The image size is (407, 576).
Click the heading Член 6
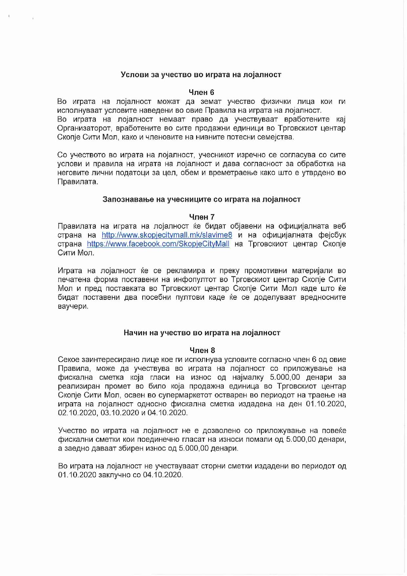201,92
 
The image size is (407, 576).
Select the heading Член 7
202,217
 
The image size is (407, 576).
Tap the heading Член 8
202,350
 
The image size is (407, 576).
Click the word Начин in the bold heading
135,333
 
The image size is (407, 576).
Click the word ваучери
73,306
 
